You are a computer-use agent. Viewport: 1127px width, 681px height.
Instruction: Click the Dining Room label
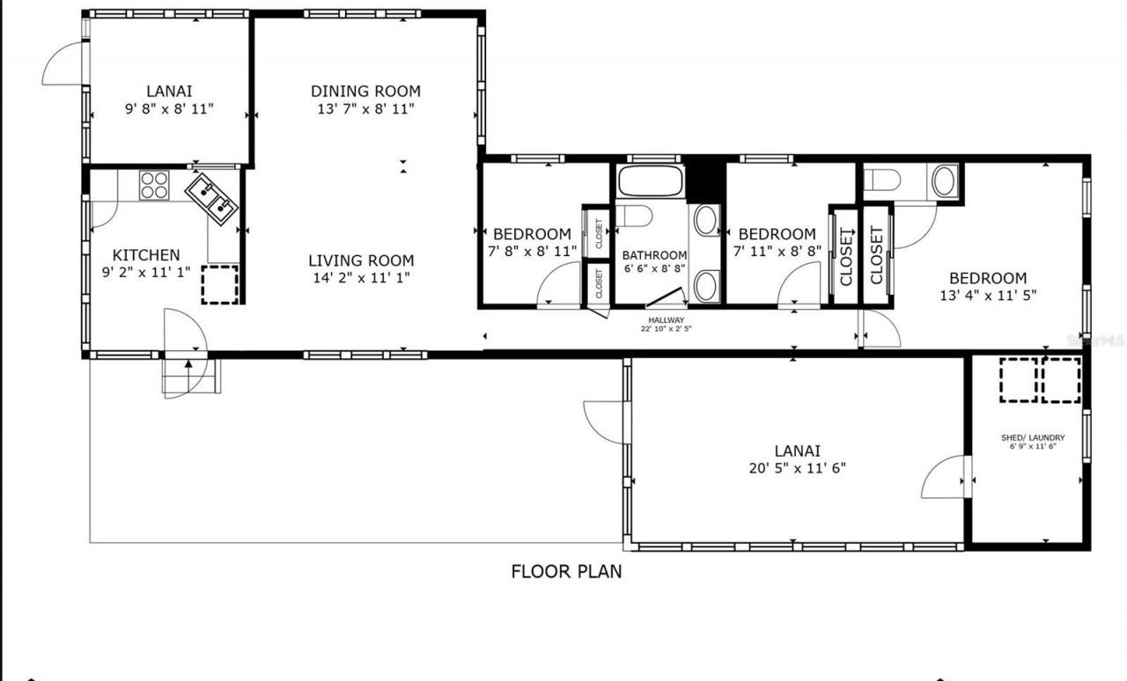click(x=365, y=91)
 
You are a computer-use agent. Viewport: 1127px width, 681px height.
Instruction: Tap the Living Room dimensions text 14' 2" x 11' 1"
click(x=361, y=278)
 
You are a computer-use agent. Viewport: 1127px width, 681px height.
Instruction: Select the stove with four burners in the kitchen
click(x=154, y=186)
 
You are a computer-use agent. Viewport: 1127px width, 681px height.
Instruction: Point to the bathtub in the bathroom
click(x=651, y=180)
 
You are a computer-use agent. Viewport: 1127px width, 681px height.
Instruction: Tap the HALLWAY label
click(x=667, y=320)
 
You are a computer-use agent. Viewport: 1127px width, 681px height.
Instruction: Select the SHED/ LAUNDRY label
click(x=1033, y=437)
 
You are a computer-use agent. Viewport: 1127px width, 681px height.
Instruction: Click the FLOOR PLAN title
click(x=566, y=571)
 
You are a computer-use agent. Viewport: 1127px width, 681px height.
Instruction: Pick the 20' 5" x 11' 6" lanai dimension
click(x=798, y=468)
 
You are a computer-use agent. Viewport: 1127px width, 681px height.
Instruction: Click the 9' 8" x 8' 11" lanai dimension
click(x=169, y=108)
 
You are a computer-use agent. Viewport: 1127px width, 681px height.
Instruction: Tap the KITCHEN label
click(x=146, y=255)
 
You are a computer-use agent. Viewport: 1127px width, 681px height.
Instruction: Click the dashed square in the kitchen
click(x=219, y=285)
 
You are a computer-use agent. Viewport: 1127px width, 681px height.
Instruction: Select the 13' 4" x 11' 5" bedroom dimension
click(x=987, y=296)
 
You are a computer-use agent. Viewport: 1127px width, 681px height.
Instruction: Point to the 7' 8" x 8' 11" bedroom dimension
click(x=532, y=251)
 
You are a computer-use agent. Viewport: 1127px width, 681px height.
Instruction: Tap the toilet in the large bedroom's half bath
click(x=882, y=181)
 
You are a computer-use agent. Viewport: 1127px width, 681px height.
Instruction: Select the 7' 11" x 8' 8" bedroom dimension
click(x=777, y=251)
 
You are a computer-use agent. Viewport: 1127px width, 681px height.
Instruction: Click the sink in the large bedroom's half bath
click(x=944, y=181)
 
